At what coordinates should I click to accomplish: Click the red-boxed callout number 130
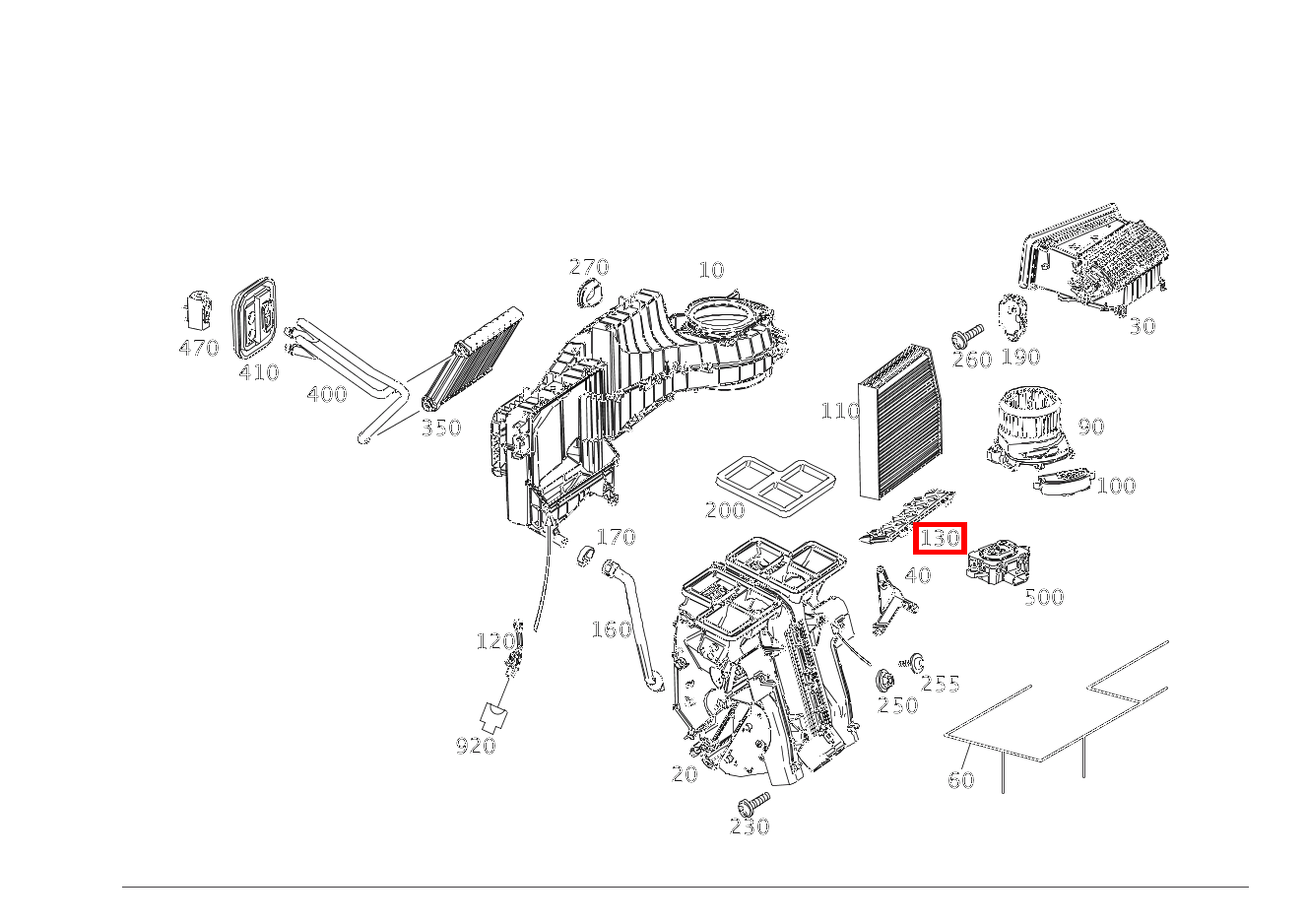[x=940, y=539]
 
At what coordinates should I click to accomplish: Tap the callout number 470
[x=198, y=348]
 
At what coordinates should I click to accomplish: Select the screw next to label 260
[x=967, y=335]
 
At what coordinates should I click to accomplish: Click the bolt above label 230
[x=753, y=802]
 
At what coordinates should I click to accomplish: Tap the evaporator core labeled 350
[x=471, y=359]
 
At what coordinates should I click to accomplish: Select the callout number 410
[x=258, y=372]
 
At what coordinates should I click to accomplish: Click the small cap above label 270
[x=591, y=293]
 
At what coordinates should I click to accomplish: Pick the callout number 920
[x=475, y=746]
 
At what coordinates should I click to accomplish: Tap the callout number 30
[x=1142, y=326]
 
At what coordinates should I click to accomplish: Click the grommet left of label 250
[x=884, y=680]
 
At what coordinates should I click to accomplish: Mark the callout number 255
[x=940, y=684]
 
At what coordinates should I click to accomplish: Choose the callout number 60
[x=960, y=780]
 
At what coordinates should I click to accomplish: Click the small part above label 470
[x=199, y=308]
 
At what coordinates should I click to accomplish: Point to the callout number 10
[x=710, y=270]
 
